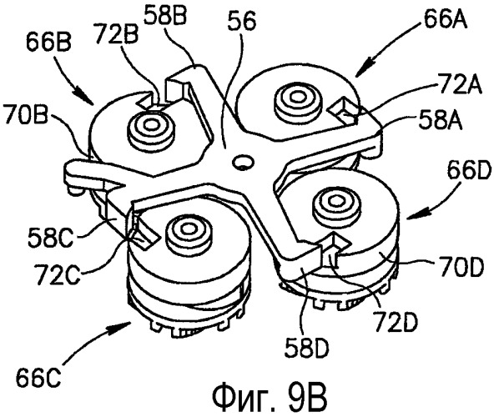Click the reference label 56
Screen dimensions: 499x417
click(x=243, y=22)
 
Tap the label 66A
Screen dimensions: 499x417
click(x=445, y=19)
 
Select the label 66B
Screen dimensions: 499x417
click(x=48, y=43)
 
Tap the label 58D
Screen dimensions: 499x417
click(x=307, y=348)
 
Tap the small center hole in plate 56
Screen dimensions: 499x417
click(x=242, y=162)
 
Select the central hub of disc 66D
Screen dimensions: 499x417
click(x=334, y=201)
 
